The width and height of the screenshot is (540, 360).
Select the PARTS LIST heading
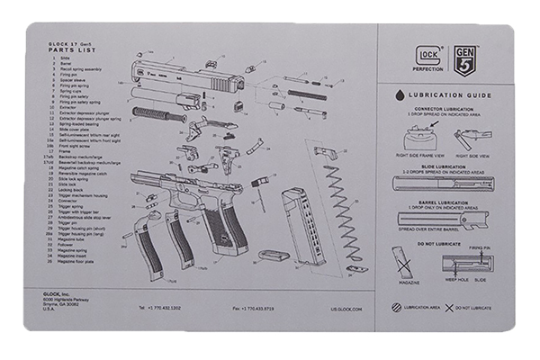click(56, 50)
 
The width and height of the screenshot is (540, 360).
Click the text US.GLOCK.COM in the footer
click(346, 308)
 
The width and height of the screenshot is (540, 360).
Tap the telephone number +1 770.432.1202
click(164, 308)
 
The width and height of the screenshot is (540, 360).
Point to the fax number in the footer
click(255, 308)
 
